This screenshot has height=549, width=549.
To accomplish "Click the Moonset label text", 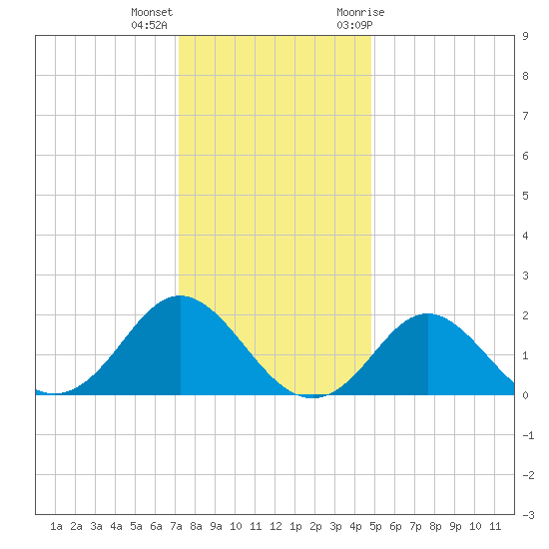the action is coord(152,12).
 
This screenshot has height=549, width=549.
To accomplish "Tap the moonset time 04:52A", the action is coord(149,25).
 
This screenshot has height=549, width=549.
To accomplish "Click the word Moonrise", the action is coord(360,12).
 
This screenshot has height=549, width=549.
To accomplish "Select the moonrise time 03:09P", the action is coord(354,25).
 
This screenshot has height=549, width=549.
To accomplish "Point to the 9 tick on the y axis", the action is coord(525,36).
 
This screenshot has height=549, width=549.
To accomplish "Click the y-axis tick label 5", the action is coord(525,196).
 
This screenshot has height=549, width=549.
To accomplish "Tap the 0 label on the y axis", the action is coord(525,395).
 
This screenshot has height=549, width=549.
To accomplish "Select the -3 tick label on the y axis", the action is coord(528,515).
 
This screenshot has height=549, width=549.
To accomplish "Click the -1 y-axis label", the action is coord(528,435).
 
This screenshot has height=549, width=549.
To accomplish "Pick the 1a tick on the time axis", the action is coord(56,526).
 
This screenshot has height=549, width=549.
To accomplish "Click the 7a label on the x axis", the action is coord(176,526).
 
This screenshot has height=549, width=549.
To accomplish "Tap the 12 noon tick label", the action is coord(275,526).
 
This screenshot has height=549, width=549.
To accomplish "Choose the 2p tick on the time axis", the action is coord(315,526).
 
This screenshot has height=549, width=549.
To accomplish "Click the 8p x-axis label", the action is coord(435,526).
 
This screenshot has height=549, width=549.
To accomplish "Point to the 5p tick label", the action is coord(375,526).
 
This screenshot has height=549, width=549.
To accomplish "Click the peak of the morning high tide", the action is coord(180,295).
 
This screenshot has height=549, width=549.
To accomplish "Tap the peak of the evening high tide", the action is coord(427,313).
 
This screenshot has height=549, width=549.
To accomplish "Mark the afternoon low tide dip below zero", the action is coord(311,397).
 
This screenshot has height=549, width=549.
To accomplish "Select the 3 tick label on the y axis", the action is coord(525,275).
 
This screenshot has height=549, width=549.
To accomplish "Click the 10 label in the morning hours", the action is coord(236,526).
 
